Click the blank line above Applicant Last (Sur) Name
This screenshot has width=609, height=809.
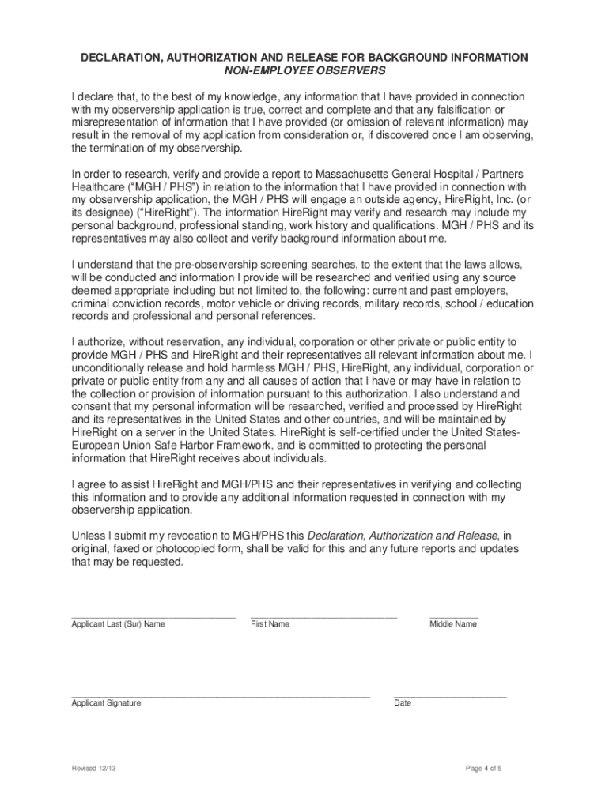click(153, 616)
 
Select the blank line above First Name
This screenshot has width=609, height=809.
click(323, 616)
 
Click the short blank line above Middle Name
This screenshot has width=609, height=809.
click(454, 616)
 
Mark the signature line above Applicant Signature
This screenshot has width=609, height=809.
click(221, 695)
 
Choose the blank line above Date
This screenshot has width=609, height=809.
click(450, 695)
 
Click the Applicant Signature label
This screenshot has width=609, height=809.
click(106, 703)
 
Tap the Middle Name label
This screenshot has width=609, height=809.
click(453, 624)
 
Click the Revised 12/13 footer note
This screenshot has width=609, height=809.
click(94, 769)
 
